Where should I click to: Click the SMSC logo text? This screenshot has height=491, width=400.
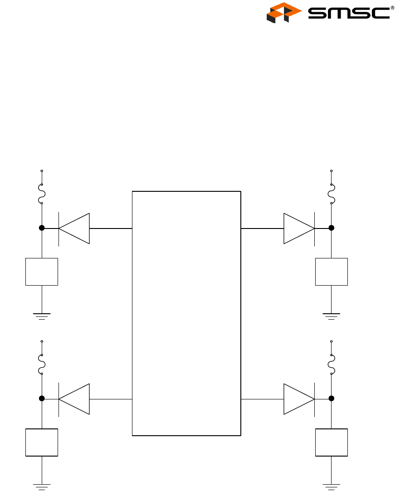pos(348,13)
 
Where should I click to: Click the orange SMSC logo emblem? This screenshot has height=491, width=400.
pos(284,13)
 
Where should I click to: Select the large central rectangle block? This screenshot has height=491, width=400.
pos(186,313)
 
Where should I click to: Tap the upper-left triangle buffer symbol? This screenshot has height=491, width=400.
pos(74,228)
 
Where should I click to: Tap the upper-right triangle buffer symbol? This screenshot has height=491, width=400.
pos(299,228)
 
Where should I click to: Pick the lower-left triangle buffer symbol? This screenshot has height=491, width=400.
pos(74,399)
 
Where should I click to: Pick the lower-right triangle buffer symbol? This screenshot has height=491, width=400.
pos(299,399)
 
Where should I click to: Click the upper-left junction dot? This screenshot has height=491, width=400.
pos(42,228)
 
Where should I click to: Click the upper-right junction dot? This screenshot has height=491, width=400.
pos(332,228)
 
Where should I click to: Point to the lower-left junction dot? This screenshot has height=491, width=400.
pos(42,399)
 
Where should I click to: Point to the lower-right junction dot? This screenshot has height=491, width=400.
pos(332,399)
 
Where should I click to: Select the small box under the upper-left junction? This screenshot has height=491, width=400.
pos(42,272)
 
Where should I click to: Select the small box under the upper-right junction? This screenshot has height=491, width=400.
pos(332,272)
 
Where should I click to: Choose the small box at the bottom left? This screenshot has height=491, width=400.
pos(42,442)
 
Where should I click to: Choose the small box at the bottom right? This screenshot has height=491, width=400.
pos(332,442)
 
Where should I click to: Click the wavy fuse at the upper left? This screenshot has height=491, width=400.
pos(42,194)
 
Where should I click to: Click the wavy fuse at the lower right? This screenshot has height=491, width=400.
pos(332,365)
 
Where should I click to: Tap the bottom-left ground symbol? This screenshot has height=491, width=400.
pos(42,486)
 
